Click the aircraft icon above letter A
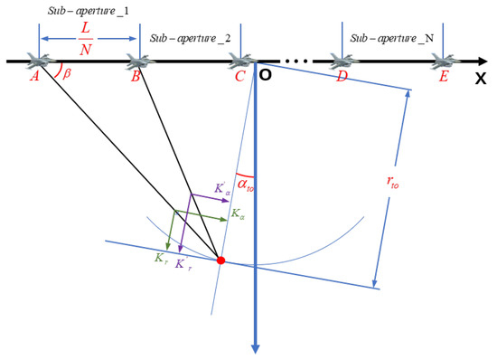click(x=38, y=61)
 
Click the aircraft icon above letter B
click(x=138, y=61)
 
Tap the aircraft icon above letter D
click(x=341, y=61)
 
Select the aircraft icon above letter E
click(x=442, y=61)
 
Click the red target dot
click(x=221, y=261)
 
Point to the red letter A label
click(x=33, y=78)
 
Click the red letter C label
click(x=239, y=78)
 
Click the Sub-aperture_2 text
click(x=189, y=40)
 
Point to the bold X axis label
click(x=480, y=79)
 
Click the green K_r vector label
click(x=159, y=257)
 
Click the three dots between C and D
click(x=295, y=62)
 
